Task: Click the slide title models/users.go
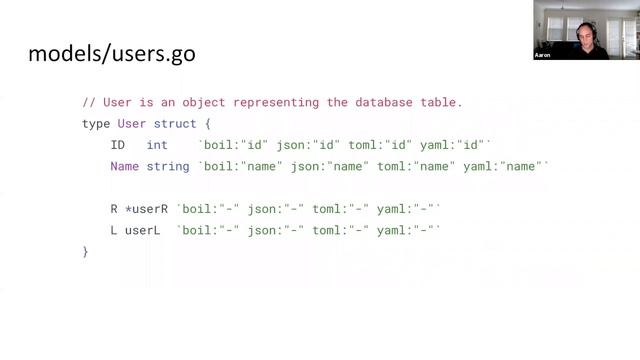(x=111, y=53)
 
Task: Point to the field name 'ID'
(x=117, y=145)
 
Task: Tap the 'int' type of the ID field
(x=157, y=145)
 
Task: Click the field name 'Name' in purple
(x=124, y=166)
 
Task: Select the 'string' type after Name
(x=168, y=166)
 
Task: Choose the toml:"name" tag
(x=413, y=166)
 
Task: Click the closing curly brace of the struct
(x=85, y=252)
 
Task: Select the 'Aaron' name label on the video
(x=544, y=56)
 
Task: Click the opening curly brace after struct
(x=208, y=123)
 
